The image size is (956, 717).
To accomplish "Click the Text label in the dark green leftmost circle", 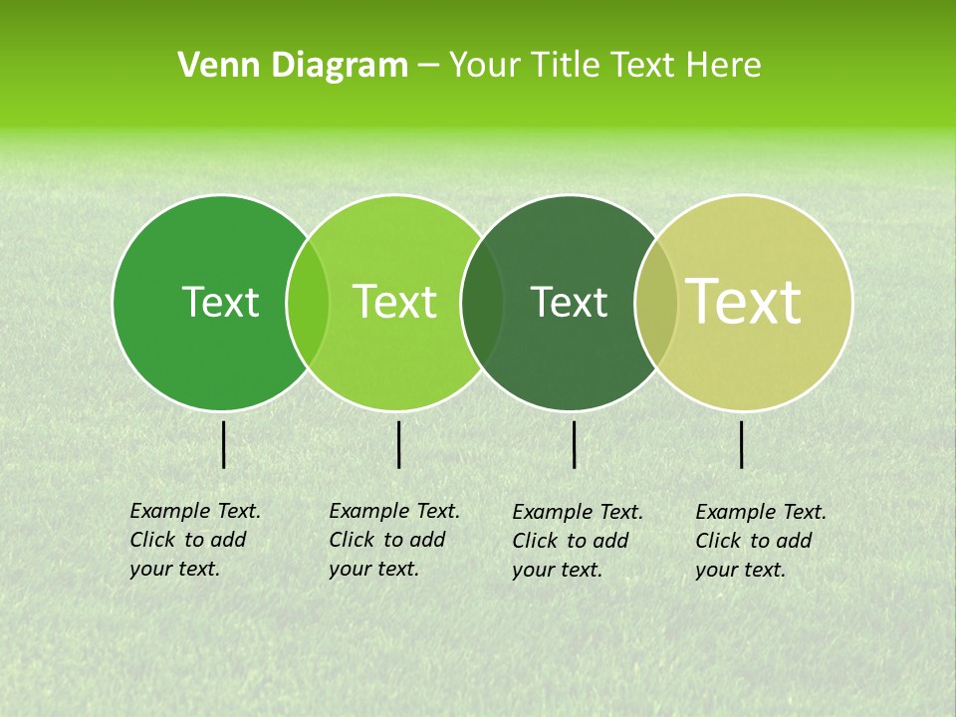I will pyautogui.click(x=220, y=302).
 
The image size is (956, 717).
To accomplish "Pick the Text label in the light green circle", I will pyautogui.click(x=395, y=302).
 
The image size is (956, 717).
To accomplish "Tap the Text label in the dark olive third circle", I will pyautogui.click(x=570, y=302).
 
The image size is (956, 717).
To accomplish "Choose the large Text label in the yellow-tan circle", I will pyautogui.click(x=744, y=301).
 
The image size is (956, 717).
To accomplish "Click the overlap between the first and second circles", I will pyautogui.click(x=308, y=302).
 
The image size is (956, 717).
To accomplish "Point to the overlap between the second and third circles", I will pyautogui.click(x=482, y=302).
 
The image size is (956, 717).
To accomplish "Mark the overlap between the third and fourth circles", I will pyautogui.click(x=656, y=302).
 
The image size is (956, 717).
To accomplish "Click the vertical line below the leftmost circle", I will pyautogui.click(x=224, y=444).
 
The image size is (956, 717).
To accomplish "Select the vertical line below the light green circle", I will pyautogui.click(x=398, y=444).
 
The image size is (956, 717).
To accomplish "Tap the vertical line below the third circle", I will pyautogui.click(x=575, y=444).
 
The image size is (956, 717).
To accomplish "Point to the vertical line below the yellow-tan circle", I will pyautogui.click(x=742, y=444).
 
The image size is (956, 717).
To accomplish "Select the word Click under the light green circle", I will pyautogui.click(x=352, y=540).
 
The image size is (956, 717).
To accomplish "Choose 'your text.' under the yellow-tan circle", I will pyautogui.click(x=740, y=570).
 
